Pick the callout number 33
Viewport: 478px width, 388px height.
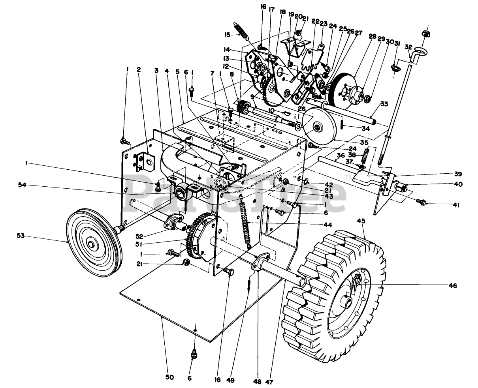pos(384,104)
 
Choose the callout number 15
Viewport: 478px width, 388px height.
pos(227,35)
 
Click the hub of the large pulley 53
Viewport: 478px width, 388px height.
pos(92,245)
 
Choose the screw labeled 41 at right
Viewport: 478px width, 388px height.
pos(422,202)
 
